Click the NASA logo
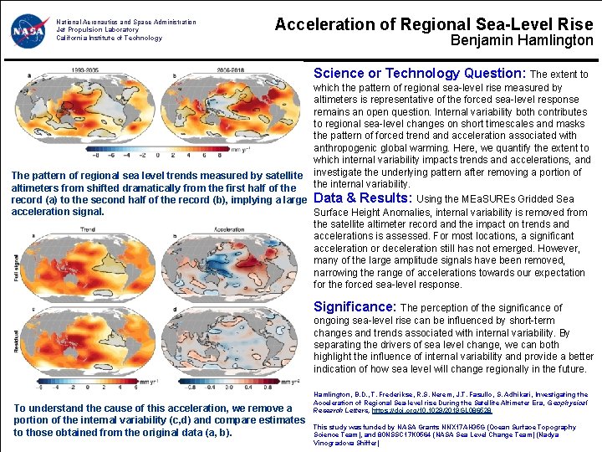pyautogui.click(x=30, y=31)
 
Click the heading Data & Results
pyautogui.click(x=362, y=198)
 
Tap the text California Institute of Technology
pyautogui.click(x=109, y=38)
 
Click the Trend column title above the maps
pyautogui.click(x=87, y=228)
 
